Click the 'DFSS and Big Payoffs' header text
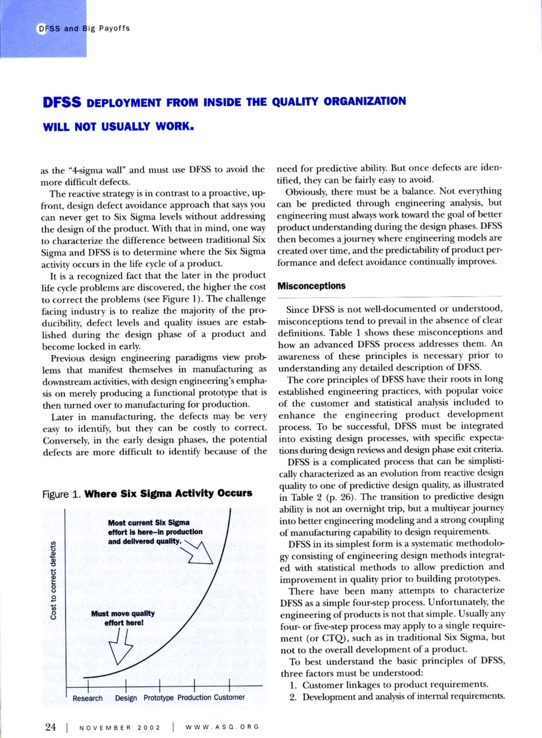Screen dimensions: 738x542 tap(84, 28)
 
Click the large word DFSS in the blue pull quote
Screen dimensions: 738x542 tap(62, 102)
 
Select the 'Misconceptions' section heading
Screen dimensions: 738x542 tap(311, 286)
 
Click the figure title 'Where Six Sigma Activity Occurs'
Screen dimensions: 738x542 tap(168, 494)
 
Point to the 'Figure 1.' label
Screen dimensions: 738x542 tap(61, 494)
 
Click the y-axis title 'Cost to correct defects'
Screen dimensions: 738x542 tap(53, 580)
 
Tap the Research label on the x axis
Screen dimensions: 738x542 tap(87, 698)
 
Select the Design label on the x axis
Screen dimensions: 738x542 tap(126, 698)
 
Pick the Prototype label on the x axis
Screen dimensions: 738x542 tap(158, 698)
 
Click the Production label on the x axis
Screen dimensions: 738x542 tap(194, 698)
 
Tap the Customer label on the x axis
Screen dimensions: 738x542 tap(229, 698)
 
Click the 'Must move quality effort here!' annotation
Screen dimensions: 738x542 tap(123, 618)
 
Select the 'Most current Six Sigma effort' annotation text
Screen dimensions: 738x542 tap(155, 532)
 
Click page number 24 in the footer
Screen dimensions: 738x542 tap(50, 727)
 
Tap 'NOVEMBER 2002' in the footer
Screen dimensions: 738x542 tap(120, 727)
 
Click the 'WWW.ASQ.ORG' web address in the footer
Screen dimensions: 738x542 tap(222, 727)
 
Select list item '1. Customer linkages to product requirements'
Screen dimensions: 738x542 tap(389, 685)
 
